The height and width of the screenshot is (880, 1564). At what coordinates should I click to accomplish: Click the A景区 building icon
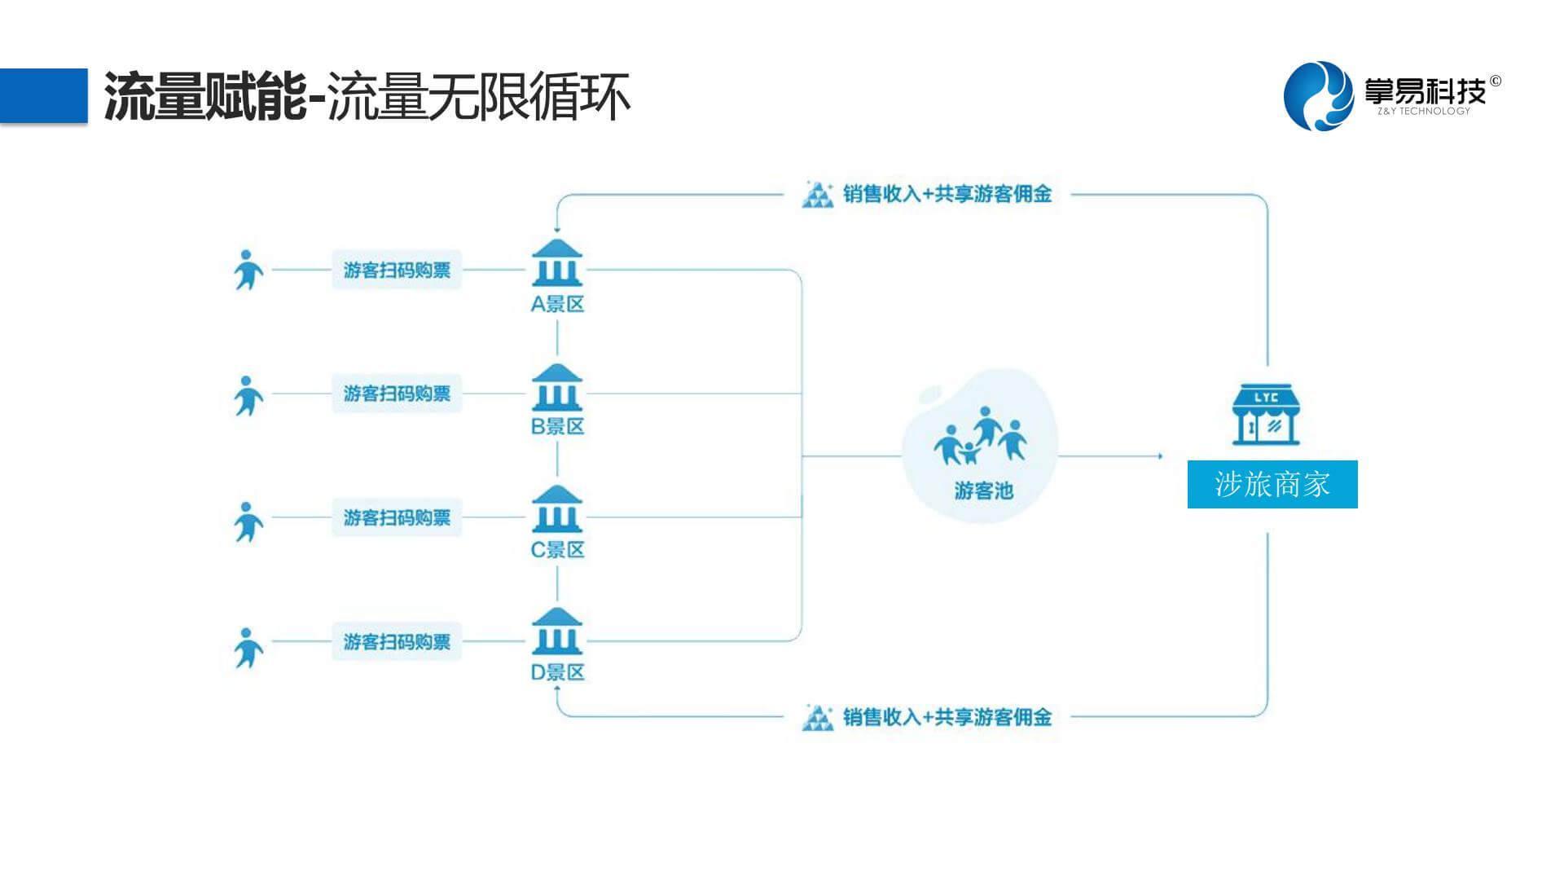pyautogui.click(x=557, y=262)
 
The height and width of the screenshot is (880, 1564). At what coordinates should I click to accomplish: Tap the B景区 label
pyautogui.click(x=558, y=426)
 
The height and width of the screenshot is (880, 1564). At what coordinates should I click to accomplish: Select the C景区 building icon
pyautogui.click(x=557, y=509)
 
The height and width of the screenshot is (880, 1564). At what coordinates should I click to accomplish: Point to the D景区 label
pyautogui.click(x=558, y=672)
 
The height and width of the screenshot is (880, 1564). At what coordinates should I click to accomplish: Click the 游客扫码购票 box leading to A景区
pyautogui.click(x=397, y=270)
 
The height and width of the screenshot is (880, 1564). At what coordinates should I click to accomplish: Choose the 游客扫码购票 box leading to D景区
pyautogui.click(x=397, y=641)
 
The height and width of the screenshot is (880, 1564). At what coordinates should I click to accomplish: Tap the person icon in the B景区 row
pyautogui.click(x=248, y=395)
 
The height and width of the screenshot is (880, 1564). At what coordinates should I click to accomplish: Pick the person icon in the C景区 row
pyautogui.click(x=248, y=521)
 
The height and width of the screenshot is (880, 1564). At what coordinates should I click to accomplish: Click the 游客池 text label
pyautogui.click(x=983, y=491)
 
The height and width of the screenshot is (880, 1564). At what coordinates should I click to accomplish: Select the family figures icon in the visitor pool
pyautogui.click(x=980, y=435)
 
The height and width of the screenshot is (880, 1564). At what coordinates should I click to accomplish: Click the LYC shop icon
pyautogui.click(x=1266, y=416)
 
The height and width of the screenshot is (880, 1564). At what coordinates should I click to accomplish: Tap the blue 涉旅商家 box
pyautogui.click(x=1272, y=484)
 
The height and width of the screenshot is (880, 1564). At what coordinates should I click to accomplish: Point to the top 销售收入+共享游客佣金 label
pyautogui.click(x=947, y=194)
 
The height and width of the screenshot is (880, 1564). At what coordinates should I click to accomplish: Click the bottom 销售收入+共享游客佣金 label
pyautogui.click(x=947, y=717)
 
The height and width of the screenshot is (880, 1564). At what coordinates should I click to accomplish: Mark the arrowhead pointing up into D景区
pyautogui.click(x=557, y=689)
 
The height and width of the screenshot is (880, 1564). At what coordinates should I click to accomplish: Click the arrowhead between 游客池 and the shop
pyautogui.click(x=1159, y=456)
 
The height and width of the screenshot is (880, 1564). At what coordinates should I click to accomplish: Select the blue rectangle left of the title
pyautogui.click(x=44, y=95)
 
